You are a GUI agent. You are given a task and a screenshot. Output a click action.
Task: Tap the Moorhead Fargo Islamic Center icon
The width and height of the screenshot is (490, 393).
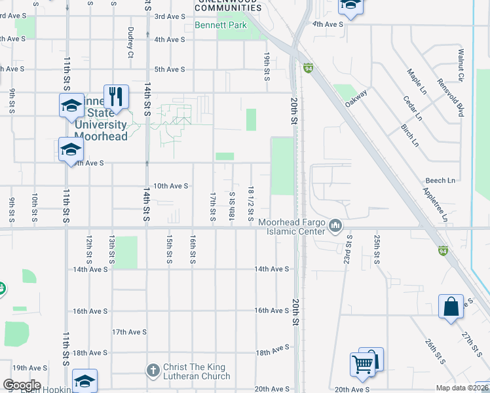click(335, 226)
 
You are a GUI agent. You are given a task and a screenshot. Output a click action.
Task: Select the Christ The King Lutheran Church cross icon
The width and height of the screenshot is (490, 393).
click(153, 371)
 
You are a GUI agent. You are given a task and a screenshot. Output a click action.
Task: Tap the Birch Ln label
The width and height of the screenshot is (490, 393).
click(409, 134)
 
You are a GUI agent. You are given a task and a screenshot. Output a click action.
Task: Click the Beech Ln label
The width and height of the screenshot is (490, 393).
click(440, 181)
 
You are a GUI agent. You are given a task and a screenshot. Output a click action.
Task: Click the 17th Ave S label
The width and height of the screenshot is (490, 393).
click(129, 332)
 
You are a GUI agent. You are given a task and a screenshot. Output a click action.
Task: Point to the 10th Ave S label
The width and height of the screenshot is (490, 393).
click(170, 186)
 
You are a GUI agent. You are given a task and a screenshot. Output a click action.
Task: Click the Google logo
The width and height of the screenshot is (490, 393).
click(22, 385)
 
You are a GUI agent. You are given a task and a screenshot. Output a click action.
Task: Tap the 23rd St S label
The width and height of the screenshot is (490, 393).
click(349, 250)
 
